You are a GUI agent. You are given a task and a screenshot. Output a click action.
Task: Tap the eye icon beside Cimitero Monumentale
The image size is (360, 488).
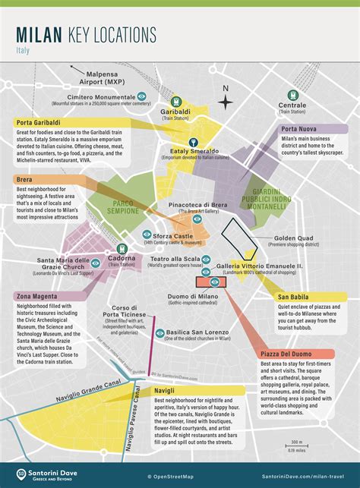[141, 96]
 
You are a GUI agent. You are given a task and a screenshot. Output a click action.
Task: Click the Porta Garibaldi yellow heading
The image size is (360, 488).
[41, 123]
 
